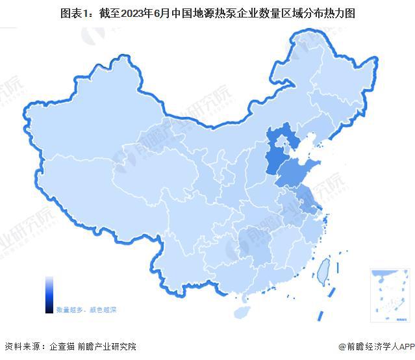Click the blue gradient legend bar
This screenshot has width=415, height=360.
click(x=49, y=294)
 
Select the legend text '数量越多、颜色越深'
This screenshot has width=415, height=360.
click(x=86, y=310)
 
